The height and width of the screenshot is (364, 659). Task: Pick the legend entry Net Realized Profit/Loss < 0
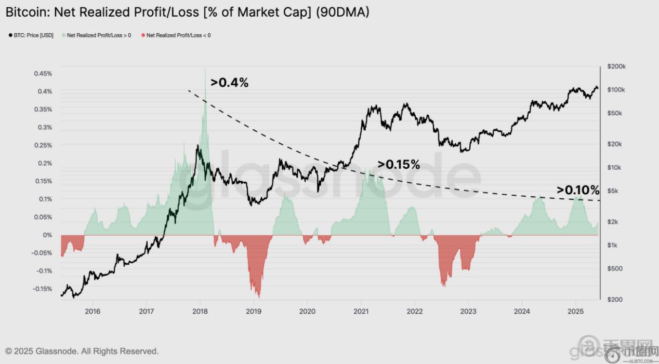178,35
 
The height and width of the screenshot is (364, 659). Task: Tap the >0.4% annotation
229,82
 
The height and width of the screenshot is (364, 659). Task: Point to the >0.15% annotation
399,165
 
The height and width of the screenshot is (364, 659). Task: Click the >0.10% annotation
578,190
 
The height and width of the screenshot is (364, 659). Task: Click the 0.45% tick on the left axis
43,74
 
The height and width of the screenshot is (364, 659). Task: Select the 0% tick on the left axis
47,235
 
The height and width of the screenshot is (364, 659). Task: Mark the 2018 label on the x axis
200,311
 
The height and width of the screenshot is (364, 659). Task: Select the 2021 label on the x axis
361,311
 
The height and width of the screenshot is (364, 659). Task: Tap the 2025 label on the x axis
575,311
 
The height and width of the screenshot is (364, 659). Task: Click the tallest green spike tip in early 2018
205,69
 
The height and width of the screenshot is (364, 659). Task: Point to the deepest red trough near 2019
258,297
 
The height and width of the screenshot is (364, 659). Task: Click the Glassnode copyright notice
82,352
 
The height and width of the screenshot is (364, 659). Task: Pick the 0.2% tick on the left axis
45,163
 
